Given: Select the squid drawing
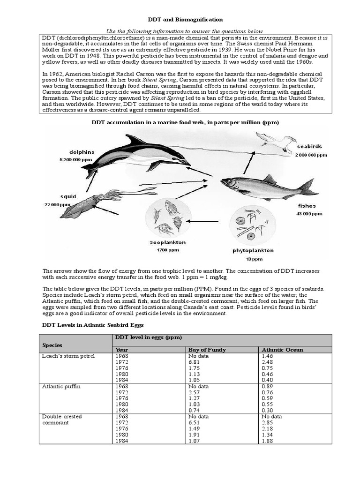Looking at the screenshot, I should pos(94,202).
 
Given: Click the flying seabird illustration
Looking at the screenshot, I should pos(277,139).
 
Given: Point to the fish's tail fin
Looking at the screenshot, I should pos(308,187).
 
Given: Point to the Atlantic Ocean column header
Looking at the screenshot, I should pos(282,350).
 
